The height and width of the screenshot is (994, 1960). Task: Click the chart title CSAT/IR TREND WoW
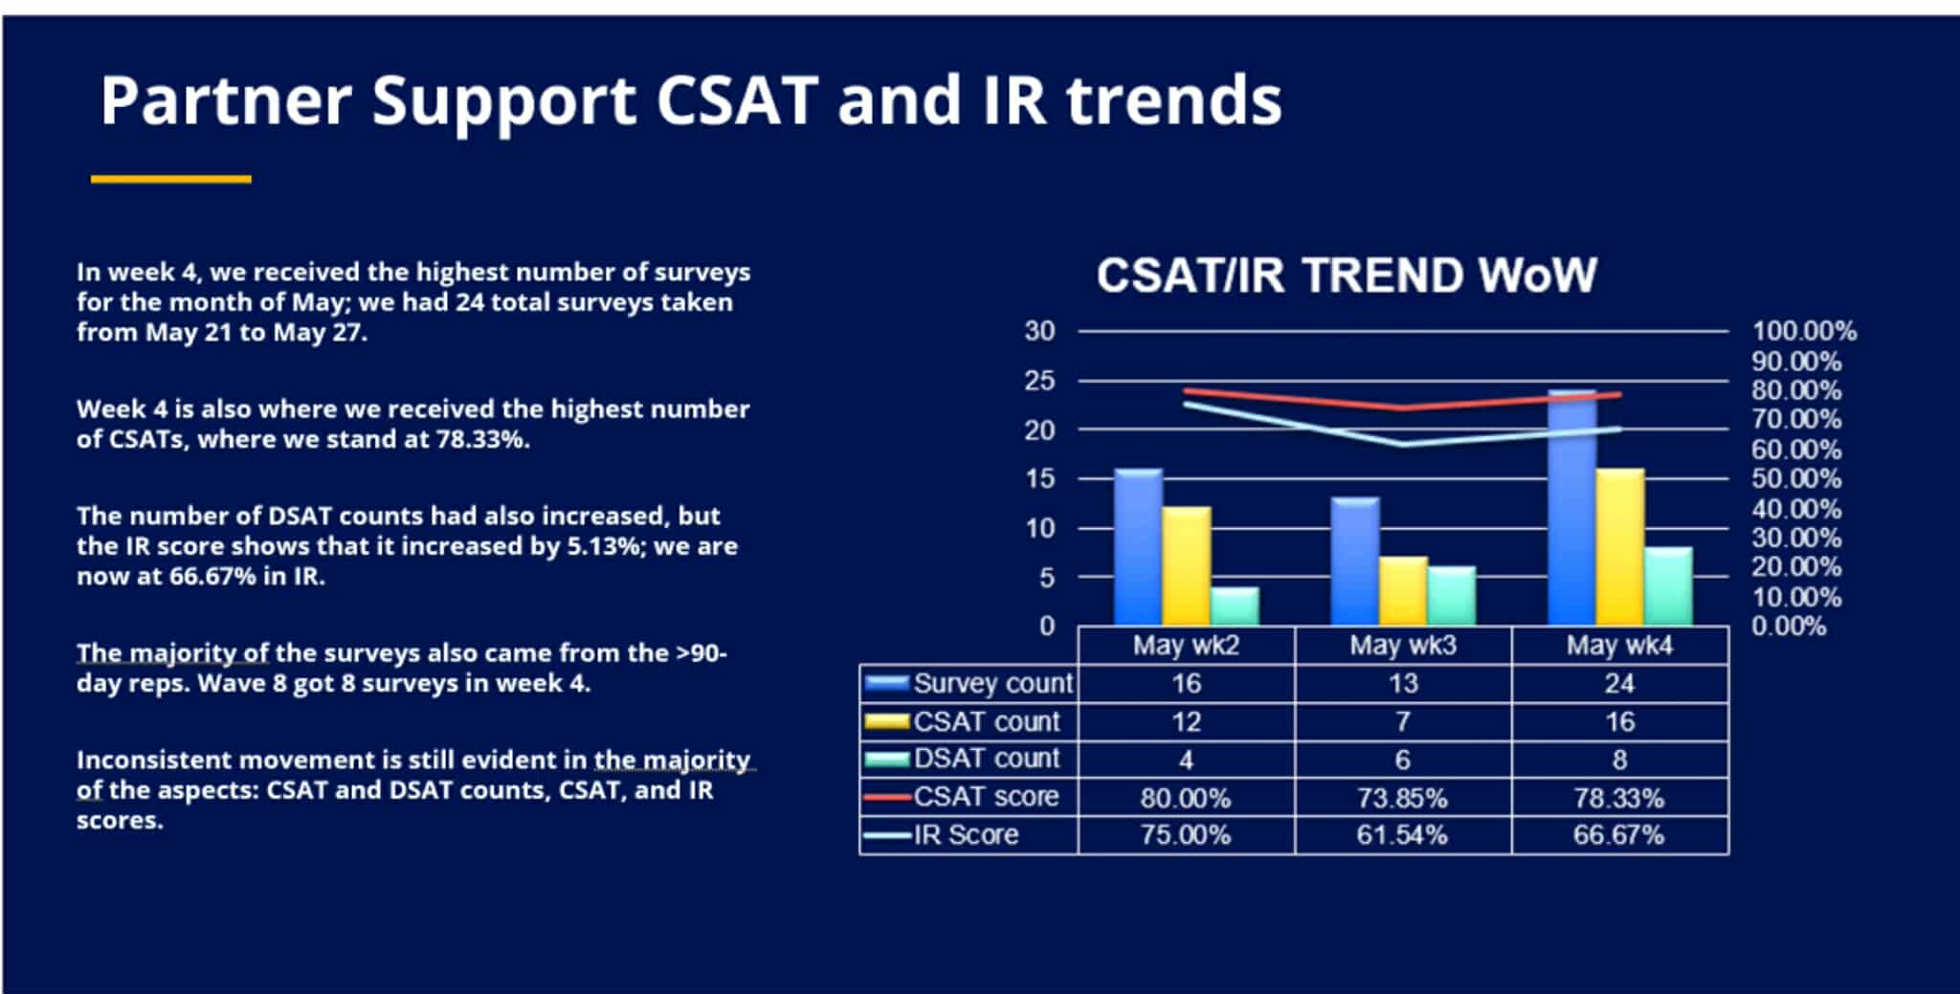coord(1346,276)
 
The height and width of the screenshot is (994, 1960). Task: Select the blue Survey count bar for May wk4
coord(1571,507)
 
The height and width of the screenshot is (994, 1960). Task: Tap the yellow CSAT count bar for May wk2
coord(1186,565)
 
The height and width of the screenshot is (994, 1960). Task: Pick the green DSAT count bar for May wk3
coord(1451,595)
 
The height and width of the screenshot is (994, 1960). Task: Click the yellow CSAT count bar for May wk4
coord(1620,546)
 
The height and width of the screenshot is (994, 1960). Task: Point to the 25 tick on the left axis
coord(1039,381)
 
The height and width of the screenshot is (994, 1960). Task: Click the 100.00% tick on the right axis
coord(1803,332)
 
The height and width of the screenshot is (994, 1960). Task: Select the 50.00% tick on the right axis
coord(1795,479)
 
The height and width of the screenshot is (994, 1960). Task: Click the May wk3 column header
coord(1402,646)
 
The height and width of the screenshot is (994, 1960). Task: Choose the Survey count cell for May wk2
coord(1186,684)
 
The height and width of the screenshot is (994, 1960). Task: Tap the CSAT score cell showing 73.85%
coord(1402,798)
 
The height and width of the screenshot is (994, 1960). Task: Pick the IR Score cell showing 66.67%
coord(1618,835)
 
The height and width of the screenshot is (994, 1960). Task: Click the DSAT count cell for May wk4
coord(1619,760)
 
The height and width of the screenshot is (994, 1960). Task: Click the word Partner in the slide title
coord(225,101)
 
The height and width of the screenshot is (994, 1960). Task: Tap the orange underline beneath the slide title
coord(171,179)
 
